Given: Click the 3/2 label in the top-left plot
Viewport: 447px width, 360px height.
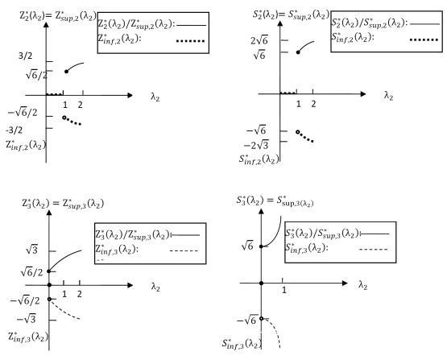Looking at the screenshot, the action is tap(26, 56).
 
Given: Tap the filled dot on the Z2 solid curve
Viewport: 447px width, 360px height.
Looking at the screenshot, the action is tap(66, 72).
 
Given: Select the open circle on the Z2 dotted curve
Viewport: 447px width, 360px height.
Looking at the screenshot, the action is tap(64, 118).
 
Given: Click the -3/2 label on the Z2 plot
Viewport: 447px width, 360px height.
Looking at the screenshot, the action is tap(14, 130).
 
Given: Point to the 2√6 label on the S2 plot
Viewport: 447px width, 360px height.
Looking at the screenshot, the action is tap(259, 41).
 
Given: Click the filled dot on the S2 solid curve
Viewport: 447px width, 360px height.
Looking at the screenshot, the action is tap(298, 52).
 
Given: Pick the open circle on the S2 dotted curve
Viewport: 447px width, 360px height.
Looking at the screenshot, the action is tap(298, 132).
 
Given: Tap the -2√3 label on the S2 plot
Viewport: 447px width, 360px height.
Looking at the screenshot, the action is tap(256, 145).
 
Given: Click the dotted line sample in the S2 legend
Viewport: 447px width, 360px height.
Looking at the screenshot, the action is tap(424, 40).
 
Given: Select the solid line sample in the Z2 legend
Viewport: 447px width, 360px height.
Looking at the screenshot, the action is tap(192, 25).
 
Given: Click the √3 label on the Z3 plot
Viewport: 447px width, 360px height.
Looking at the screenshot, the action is tap(31, 250).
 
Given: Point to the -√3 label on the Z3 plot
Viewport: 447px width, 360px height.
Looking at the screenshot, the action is tap(27, 319).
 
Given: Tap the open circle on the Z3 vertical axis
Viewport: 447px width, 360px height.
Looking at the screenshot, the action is tap(49, 299).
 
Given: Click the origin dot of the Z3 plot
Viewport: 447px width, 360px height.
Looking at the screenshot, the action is tap(49, 285).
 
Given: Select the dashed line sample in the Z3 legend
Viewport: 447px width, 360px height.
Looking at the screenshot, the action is tap(184, 250).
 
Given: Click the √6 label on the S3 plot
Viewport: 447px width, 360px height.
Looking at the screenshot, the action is tap(247, 246).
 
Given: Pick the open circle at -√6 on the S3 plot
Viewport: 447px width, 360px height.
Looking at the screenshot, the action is tap(261, 318).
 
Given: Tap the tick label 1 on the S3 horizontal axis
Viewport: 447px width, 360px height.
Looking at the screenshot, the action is tap(284, 290).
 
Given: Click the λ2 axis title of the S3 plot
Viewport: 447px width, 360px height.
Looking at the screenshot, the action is tap(362, 285).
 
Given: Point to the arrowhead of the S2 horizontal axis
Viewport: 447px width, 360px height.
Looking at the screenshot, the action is tap(363, 93).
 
